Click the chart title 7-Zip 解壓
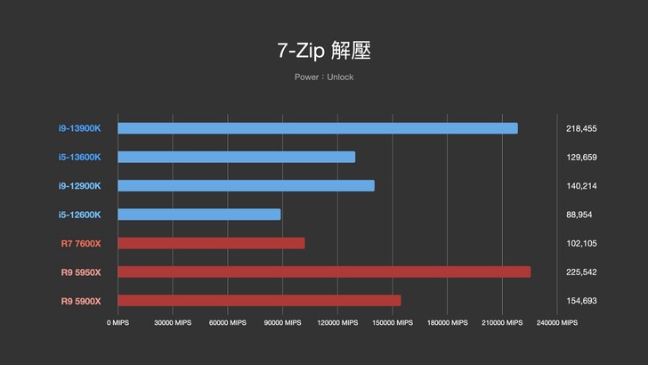pos(324,51)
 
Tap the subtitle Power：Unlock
pos(324,77)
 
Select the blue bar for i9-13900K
pos(317,128)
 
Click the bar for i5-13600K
pos(236,157)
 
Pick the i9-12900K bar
pos(246,185)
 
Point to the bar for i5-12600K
pos(198,215)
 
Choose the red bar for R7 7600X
pos(211,243)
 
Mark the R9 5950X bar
pos(324,272)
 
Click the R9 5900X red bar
pos(259,300)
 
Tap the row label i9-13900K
pos(80,128)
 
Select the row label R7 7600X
pos(81,243)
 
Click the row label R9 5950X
pos(81,272)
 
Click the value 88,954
pos(579,215)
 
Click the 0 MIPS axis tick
pos(117,323)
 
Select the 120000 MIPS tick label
pos(337,323)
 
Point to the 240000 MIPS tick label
pos(556,323)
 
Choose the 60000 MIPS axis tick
pos(227,323)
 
